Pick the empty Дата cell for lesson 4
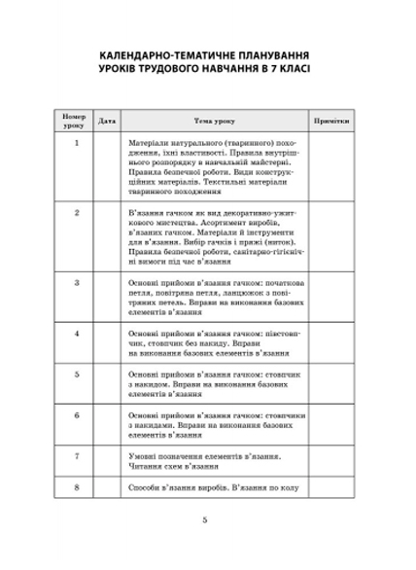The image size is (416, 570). click(108, 344)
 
